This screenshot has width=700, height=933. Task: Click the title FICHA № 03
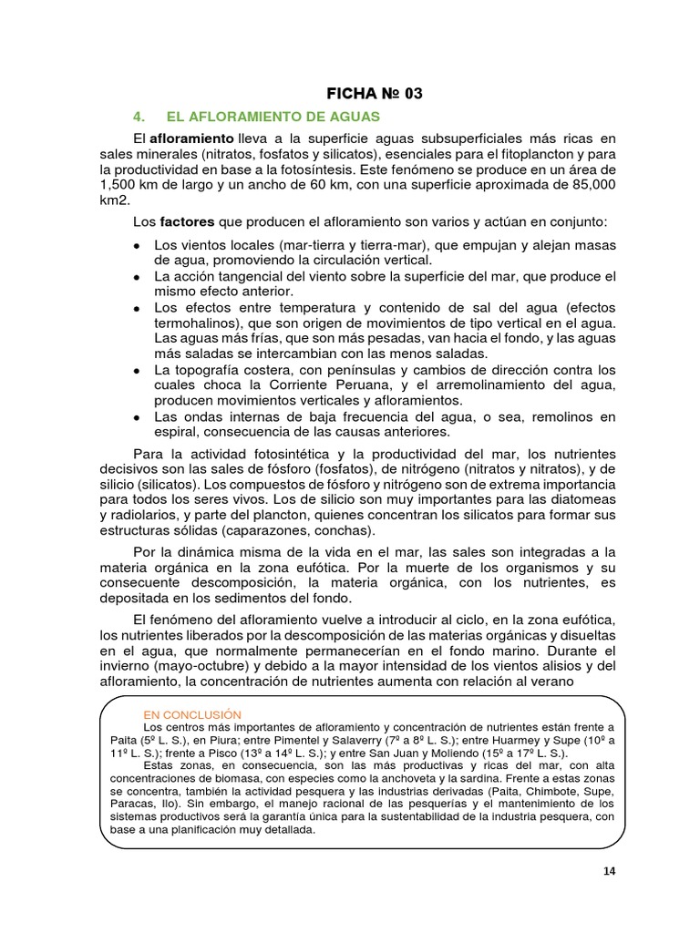pyautogui.click(x=375, y=93)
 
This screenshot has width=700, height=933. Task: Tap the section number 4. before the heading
pyautogui.click(x=139, y=117)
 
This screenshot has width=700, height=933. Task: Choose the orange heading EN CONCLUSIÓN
pyautogui.click(x=191, y=713)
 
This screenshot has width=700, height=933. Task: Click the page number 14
pyautogui.click(x=609, y=871)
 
